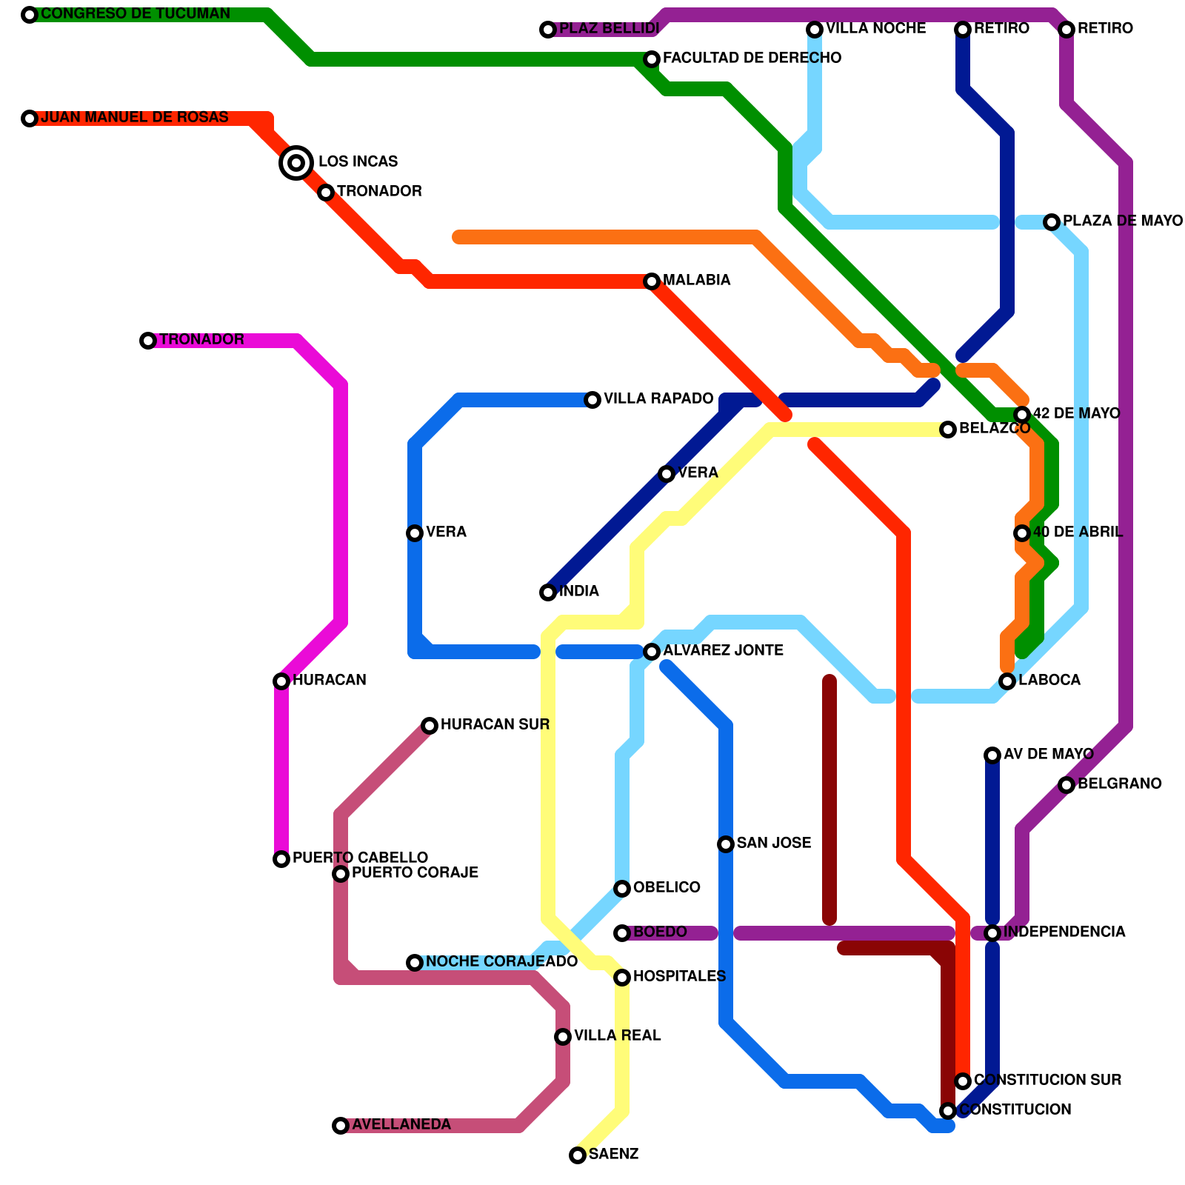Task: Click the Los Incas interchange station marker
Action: (296, 162)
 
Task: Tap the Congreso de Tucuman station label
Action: (136, 14)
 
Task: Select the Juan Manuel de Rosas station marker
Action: (30, 118)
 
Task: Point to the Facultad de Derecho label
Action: (752, 59)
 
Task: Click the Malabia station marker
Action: (652, 281)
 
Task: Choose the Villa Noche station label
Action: (875, 29)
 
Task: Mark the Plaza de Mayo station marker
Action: (1052, 222)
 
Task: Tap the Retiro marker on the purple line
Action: (1066, 30)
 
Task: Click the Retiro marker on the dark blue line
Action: (963, 30)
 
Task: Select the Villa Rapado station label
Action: (658, 399)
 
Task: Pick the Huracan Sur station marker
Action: (430, 726)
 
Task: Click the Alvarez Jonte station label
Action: (723, 651)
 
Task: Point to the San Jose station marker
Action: (726, 844)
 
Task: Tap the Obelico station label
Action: (667, 888)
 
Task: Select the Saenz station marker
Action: (578, 1155)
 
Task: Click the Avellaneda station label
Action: (401, 1125)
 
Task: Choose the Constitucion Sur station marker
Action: (963, 1081)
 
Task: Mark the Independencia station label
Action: (1064, 932)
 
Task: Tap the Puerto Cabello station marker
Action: (281, 859)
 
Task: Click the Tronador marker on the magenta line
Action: (148, 341)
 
